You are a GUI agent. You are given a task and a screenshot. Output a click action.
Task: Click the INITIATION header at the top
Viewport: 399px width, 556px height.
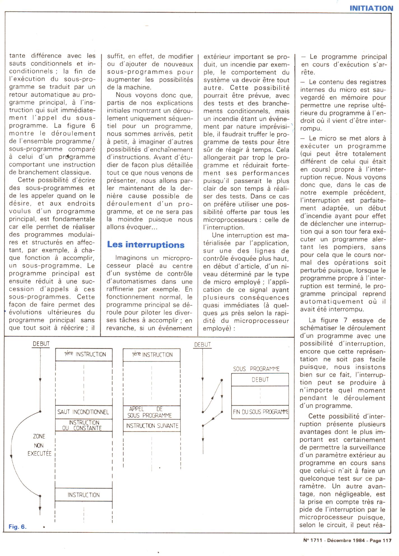(x=371, y=8)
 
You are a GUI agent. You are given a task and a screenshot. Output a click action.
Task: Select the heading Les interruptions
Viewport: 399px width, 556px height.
(x=146, y=245)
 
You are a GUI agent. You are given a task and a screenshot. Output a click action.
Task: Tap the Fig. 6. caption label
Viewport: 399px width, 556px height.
(x=17, y=527)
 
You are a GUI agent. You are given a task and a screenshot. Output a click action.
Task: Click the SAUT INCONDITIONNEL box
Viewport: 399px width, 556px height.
(x=83, y=412)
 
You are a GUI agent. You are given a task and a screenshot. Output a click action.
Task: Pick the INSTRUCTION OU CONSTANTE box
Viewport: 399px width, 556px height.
(x=84, y=425)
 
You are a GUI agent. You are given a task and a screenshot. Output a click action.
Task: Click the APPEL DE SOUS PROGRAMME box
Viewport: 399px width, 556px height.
(x=152, y=412)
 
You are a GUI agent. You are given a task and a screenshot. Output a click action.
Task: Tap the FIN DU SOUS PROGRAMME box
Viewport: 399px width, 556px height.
(x=260, y=412)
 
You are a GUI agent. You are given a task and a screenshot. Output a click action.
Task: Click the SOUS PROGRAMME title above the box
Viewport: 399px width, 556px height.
(x=256, y=369)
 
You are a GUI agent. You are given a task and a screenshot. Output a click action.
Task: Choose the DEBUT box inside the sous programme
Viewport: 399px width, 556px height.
(x=260, y=379)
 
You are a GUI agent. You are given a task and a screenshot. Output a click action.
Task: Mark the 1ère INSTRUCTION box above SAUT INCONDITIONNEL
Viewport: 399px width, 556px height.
(x=84, y=355)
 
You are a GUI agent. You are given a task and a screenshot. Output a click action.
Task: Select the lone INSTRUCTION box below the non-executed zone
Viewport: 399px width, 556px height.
(x=83, y=495)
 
